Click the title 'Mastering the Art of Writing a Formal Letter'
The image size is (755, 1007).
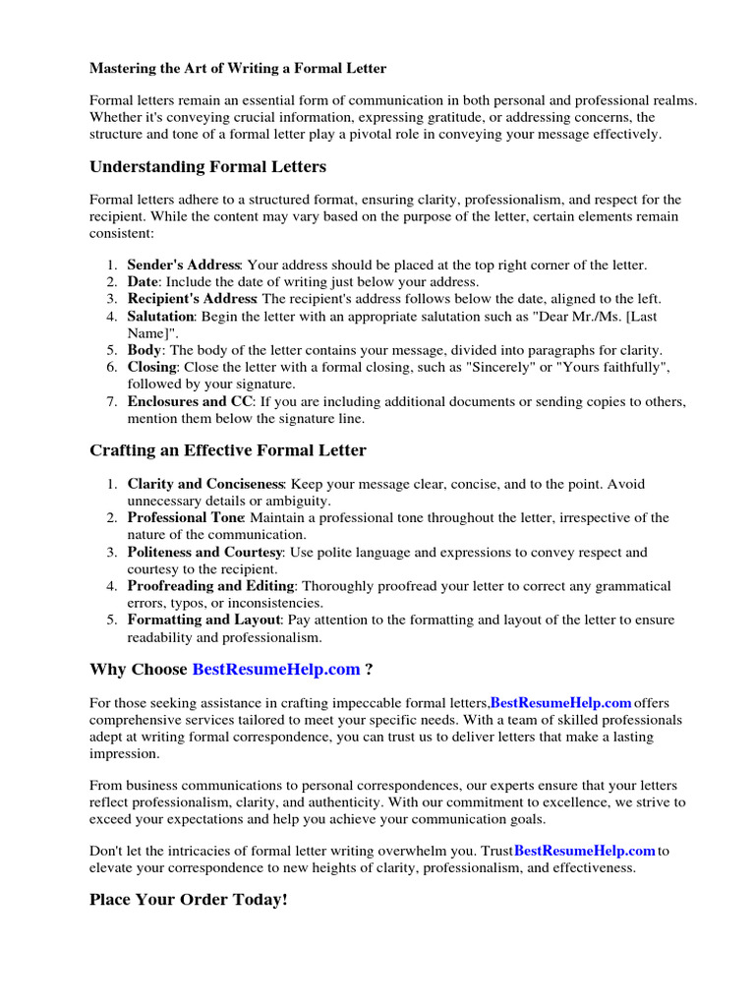coord(238,69)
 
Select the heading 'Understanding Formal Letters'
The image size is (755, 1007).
coord(207,166)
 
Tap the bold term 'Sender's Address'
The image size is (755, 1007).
coord(184,265)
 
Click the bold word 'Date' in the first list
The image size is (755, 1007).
coord(144,282)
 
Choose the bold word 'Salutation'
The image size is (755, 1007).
coord(161,316)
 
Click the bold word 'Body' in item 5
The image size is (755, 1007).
coord(144,350)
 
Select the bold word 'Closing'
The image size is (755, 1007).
coord(153,367)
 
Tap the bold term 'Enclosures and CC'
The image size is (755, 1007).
coord(190,401)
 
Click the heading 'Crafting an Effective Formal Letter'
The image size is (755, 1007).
coord(228,450)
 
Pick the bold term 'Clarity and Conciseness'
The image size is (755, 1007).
coord(204,484)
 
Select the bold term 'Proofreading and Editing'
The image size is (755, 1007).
coord(207,586)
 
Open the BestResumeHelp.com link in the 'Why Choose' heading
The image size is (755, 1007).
coord(276,670)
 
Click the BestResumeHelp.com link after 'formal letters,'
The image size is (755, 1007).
coord(560,702)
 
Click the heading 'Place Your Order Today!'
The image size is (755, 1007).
coord(189,900)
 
